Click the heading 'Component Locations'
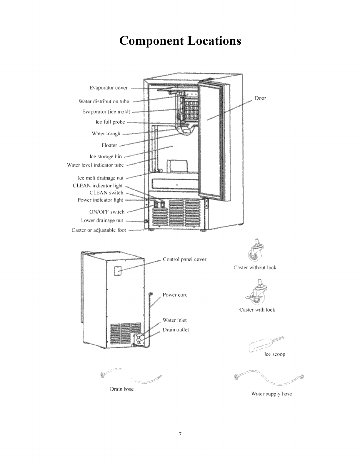pos(180,41)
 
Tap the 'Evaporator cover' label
pos(109,88)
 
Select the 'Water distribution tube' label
pos(104,101)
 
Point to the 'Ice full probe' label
pos(110,122)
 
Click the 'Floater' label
pos(109,145)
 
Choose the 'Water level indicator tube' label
pos(95,165)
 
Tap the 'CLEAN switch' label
pos(106,193)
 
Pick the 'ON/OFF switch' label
pos(107,212)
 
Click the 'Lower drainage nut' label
pos(102,221)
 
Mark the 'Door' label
pos(260,98)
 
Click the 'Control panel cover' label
pos(185,259)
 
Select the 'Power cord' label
pos(175,295)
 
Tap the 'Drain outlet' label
pos(176,330)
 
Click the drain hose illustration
pos(131,376)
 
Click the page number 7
pos(180,434)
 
